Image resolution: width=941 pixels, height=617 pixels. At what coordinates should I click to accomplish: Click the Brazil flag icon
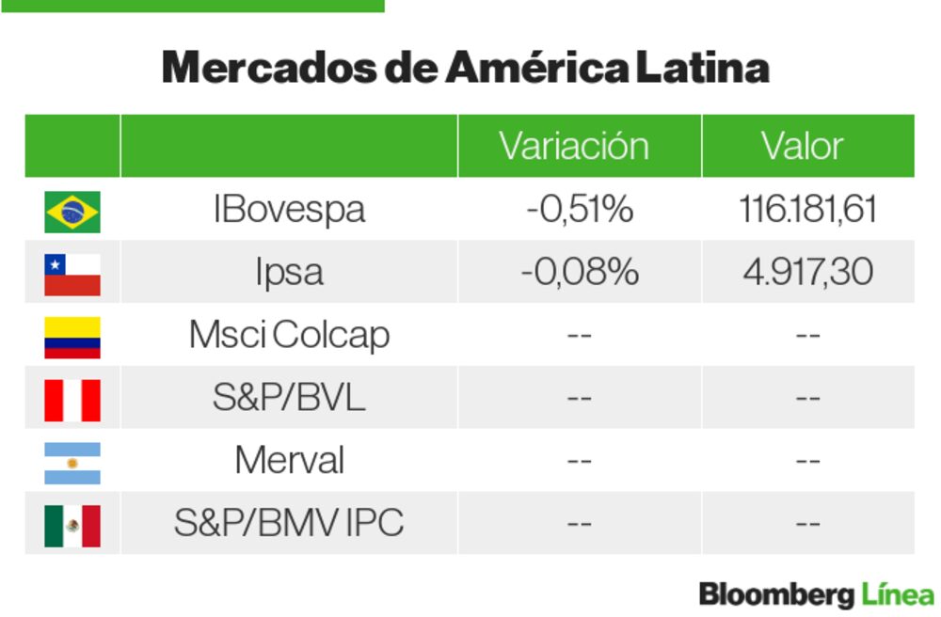click(x=72, y=211)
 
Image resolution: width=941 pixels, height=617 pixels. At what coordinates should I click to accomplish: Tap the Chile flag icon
click(x=72, y=274)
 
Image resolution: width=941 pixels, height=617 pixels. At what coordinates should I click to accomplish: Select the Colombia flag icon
click(x=72, y=337)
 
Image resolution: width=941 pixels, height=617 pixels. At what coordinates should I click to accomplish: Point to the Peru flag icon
click(x=72, y=400)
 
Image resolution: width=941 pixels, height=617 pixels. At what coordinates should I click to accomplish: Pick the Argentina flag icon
click(x=72, y=463)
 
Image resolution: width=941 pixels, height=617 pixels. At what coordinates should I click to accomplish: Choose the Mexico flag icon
click(x=72, y=525)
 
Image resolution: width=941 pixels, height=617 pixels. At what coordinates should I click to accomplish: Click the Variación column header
click(x=574, y=147)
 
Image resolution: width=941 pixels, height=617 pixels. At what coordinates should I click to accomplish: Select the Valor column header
click(x=803, y=147)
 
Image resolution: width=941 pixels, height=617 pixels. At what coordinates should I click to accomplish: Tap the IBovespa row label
click(x=289, y=210)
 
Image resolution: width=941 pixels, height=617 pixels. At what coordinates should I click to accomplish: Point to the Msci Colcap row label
click(x=289, y=336)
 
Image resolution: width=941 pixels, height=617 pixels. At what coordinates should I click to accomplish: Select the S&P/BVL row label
click(x=289, y=399)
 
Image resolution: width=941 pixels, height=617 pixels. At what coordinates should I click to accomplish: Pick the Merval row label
click(x=289, y=461)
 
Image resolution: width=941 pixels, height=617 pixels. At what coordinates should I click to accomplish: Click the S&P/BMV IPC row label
click(x=289, y=524)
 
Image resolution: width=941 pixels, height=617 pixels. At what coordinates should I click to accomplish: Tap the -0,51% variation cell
click(x=580, y=210)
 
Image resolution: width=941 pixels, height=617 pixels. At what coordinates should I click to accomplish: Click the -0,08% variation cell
click(x=580, y=273)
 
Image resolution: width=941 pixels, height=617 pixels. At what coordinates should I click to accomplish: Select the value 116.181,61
click(x=807, y=210)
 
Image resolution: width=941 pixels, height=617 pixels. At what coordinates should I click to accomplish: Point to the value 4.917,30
click(x=807, y=273)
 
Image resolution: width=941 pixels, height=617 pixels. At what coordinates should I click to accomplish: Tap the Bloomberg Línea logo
click(x=816, y=594)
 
